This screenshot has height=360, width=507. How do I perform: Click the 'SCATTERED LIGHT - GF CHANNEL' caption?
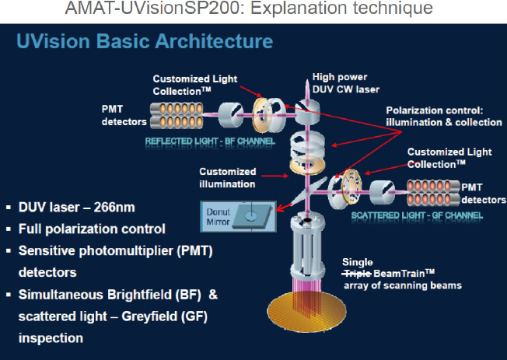pos(418,214)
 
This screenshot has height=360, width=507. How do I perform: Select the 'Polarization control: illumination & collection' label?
pos(443,117)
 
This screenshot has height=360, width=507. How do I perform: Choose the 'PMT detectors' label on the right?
pos(482,192)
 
